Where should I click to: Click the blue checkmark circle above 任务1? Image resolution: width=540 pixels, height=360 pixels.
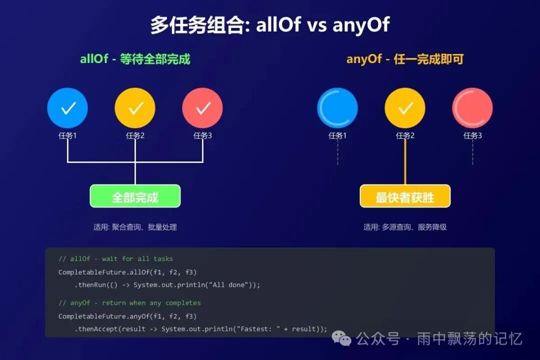point(67,108)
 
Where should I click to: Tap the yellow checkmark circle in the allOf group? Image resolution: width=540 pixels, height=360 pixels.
point(135,108)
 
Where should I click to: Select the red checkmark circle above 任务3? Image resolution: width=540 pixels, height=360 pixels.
point(202,108)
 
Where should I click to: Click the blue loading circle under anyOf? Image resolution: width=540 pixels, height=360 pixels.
point(337,108)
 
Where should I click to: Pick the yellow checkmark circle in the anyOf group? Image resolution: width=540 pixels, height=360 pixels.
point(405,108)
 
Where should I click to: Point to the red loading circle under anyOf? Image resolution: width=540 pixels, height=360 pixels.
point(472,108)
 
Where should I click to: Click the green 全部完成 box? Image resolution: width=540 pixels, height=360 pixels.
point(135,196)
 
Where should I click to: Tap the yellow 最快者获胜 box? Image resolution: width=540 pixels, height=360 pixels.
point(405,196)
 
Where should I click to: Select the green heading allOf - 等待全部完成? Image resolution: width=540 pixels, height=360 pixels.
point(135,59)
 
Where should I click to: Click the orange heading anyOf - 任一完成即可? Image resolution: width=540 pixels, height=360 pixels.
point(405,59)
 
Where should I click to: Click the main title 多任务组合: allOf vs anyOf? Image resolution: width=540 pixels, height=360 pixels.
point(270,25)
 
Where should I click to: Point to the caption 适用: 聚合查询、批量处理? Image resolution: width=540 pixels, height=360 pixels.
point(135,227)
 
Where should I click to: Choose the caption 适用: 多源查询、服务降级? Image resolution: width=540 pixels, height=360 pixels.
point(405,227)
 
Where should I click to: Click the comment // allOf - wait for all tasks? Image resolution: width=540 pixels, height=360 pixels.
point(115,259)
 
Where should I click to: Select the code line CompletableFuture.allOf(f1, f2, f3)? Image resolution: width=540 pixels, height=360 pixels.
point(127,272)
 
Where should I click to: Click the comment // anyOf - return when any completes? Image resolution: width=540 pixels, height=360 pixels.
point(129,303)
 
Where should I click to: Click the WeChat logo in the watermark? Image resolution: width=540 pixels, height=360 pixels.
point(345,339)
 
